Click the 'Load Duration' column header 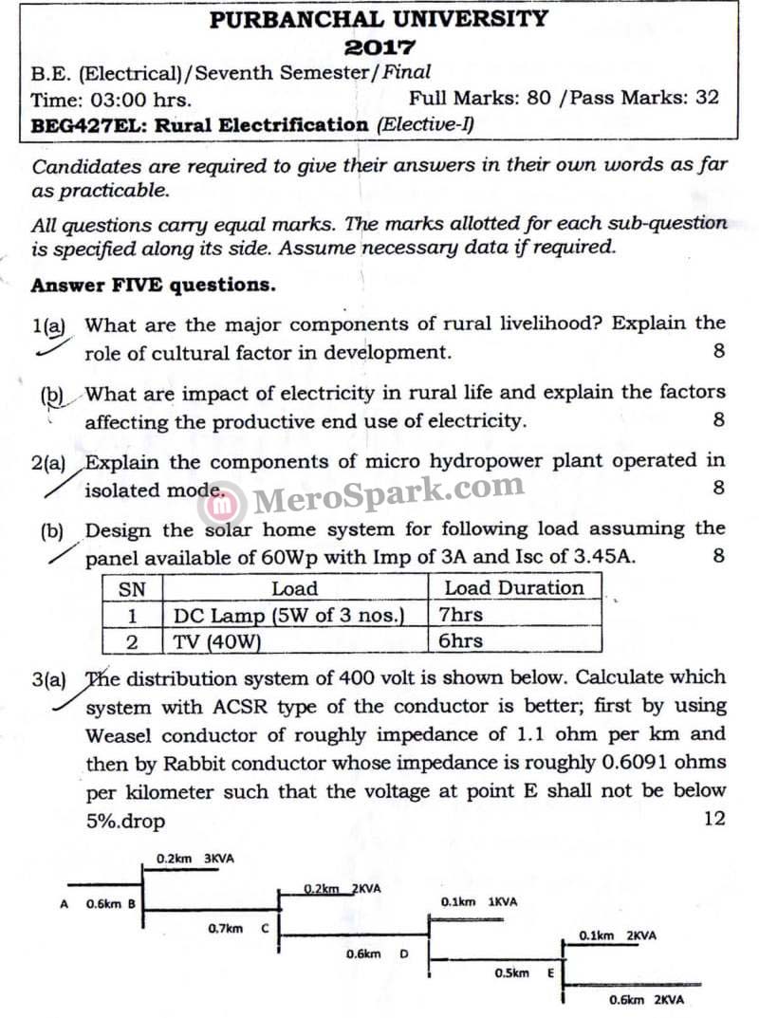(514, 588)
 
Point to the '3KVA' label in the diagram (219, 859)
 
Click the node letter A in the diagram (64, 904)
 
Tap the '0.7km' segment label (225, 928)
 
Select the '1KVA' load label (503, 902)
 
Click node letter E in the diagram (551, 973)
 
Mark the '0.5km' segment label (512, 973)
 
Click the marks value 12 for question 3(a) (714, 818)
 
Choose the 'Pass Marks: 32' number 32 (707, 97)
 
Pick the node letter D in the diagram (404, 953)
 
